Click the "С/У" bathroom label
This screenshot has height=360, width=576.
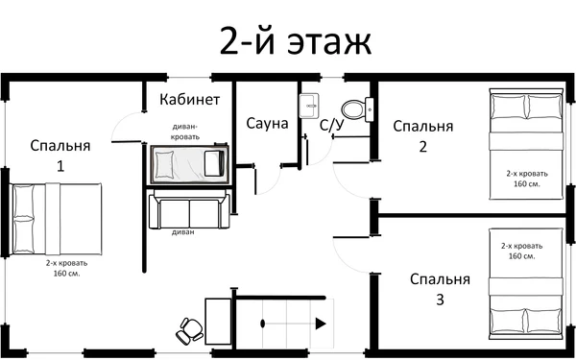click(332, 124)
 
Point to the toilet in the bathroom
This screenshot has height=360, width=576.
click(354, 108)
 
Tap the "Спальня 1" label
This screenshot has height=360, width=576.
click(60, 155)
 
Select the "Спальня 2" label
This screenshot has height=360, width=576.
click(422, 135)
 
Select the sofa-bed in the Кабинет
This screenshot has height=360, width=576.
click(188, 164)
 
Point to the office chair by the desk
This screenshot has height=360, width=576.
click(188, 329)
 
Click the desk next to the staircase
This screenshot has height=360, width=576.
click(218, 323)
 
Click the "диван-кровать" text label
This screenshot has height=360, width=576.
click(186, 131)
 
